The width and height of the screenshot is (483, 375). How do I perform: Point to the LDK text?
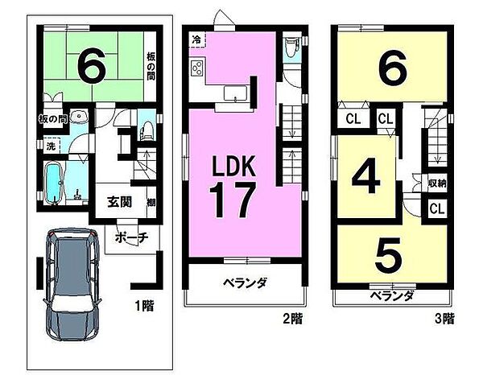[x=233, y=167]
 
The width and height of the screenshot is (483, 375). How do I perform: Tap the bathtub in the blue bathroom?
[x=55, y=183]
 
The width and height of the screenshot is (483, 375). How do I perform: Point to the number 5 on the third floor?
[x=389, y=256]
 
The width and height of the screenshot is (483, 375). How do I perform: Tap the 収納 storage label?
[x=436, y=183]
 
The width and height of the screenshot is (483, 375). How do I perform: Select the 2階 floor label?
[x=293, y=319]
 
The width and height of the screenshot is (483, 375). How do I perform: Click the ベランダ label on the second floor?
[x=245, y=283]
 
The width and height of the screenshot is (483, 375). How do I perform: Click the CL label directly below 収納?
[x=436, y=209]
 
